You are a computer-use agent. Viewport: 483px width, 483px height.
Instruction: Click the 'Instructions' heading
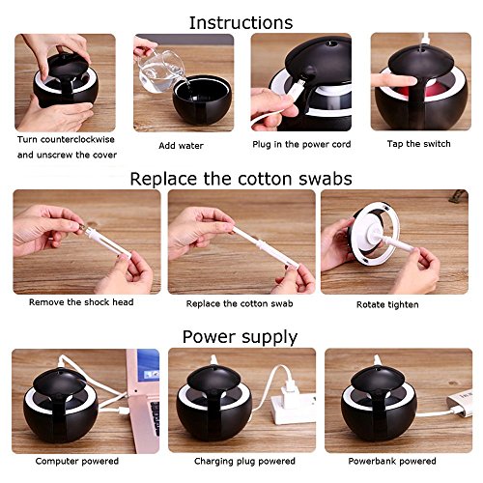coord(241,22)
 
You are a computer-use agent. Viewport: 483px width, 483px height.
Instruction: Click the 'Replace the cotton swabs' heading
coord(241,179)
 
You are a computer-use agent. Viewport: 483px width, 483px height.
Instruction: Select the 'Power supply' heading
coord(240,337)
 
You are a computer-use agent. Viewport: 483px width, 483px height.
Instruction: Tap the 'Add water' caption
coord(181,146)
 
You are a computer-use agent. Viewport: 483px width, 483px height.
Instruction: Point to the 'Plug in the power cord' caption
coord(301,144)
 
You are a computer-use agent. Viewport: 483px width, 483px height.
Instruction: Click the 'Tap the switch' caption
coord(418,144)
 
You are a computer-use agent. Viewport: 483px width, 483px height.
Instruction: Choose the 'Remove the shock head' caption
coord(81,302)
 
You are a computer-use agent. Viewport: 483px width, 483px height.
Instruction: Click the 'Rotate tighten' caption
coord(387,304)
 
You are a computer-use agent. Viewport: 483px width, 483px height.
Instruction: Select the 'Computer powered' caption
coord(77,461)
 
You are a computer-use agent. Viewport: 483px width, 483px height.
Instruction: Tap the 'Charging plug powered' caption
coord(244,461)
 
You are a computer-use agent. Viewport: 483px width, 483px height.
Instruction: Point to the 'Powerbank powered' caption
coord(392,461)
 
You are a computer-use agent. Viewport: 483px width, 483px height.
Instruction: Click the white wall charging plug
coord(292,403)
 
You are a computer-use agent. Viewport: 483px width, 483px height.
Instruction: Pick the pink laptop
coord(143,399)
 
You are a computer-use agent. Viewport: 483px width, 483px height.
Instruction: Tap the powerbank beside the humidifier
coord(460,403)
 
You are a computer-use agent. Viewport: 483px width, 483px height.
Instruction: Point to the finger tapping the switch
coord(392,80)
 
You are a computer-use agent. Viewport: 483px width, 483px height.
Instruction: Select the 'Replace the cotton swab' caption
coord(240,303)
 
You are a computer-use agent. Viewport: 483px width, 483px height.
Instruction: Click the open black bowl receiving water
coord(202,99)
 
